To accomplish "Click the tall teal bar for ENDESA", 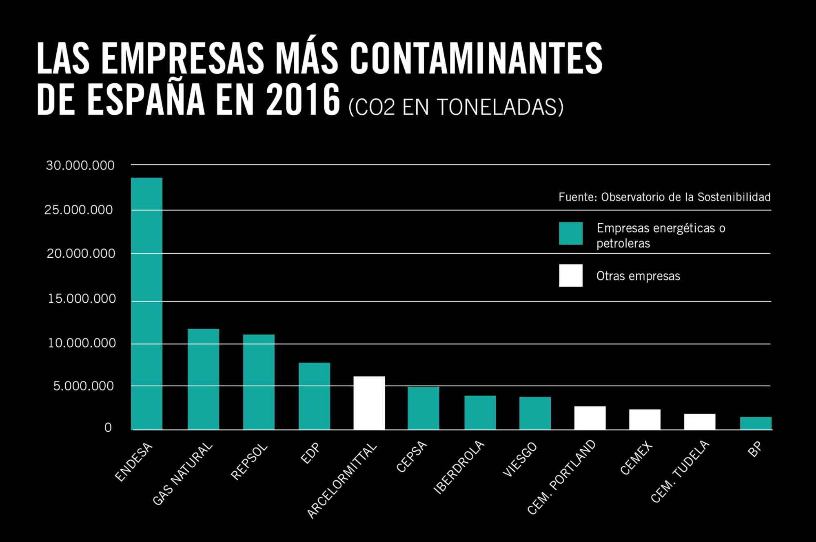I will click(146, 303).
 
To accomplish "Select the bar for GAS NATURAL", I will click(203, 379).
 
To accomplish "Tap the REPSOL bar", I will click(259, 382).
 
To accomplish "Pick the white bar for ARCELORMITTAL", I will click(369, 403).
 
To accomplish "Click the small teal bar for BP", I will click(756, 423).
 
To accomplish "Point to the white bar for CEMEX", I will click(645, 419).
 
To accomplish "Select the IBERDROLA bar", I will click(480, 413).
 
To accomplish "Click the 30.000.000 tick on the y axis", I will click(80, 165).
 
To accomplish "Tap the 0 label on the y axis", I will click(108, 428).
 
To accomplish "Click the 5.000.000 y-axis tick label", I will click(83, 386).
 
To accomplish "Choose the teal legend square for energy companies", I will click(570, 234).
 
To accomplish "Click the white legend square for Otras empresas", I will click(570, 275).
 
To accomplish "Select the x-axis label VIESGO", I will click(520, 459).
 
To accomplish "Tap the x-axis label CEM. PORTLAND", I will click(561, 477).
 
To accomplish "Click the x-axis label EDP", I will click(310, 453).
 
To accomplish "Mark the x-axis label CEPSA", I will click(411, 457).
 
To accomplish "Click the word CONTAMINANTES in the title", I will click(476, 58).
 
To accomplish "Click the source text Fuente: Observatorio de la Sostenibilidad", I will click(664, 197).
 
